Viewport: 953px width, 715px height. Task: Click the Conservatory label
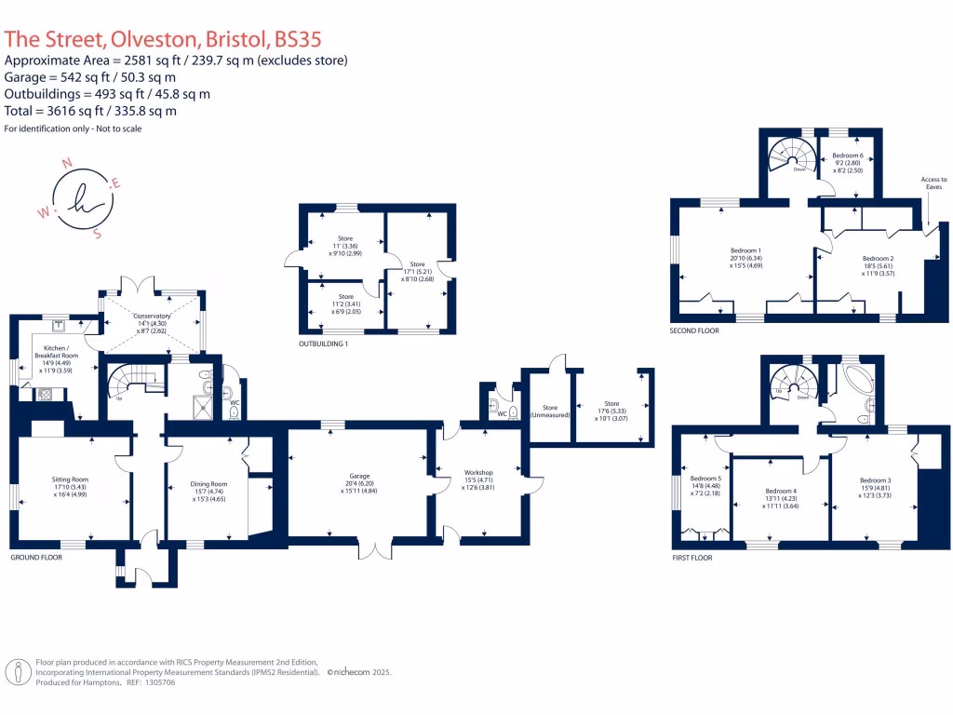pyautogui.click(x=153, y=317)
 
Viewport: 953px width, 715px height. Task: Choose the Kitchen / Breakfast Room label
pyautogui.click(x=57, y=350)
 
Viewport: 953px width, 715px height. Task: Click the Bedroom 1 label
pyautogui.click(x=746, y=250)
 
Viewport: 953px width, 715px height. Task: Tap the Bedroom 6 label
pyautogui.click(x=847, y=155)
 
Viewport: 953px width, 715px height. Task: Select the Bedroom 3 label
pyautogui.click(x=875, y=480)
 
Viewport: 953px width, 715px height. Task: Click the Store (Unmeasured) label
pyautogui.click(x=549, y=411)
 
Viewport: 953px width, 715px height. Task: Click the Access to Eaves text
pyautogui.click(x=933, y=183)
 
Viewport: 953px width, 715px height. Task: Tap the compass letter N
pyautogui.click(x=66, y=163)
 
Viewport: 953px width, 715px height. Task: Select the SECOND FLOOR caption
pyautogui.click(x=693, y=331)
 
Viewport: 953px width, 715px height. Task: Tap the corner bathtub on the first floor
pyautogui.click(x=854, y=382)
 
